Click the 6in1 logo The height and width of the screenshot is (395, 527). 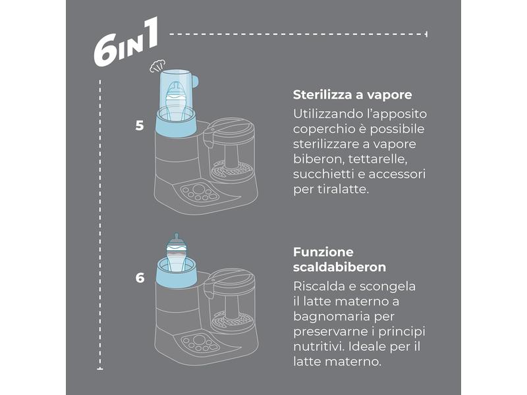[x=126, y=42]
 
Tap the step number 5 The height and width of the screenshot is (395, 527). [x=140, y=126]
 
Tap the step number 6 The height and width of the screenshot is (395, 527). [x=140, y=278]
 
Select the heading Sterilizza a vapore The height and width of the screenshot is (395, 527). [x=352, y=95]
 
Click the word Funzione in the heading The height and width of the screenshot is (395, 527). [x=323, y=252]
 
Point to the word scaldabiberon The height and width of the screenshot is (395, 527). [x=339, y=267]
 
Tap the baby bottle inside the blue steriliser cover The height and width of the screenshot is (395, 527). [x=176, y=100]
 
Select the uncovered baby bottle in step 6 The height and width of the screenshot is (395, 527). [x=177, y=252]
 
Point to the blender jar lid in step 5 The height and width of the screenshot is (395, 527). [x=229, y=128]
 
